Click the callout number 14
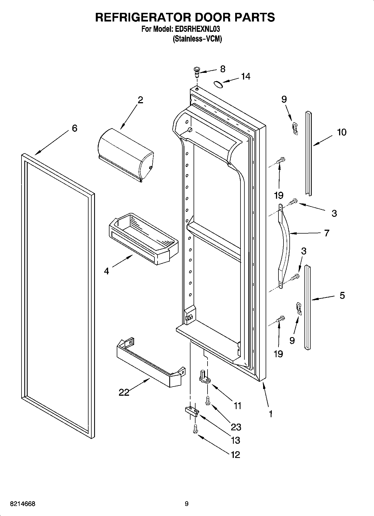pyautogui.click(x=246, y=76)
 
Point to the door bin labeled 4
pyautogui.click(x=142, y=239)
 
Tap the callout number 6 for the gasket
pyautogui.click(x=74, y=128)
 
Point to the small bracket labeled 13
pyautogui.click(x=192, y=411)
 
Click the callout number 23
pyautogui.click(x=236, y=427)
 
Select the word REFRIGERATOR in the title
pyautogui.click(x=143, y=17)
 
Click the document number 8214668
pyautogui.click(x=23, y=504)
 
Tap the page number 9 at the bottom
pyautogui.click(x=187, y=504)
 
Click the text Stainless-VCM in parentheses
pyautogui.click(x=197, y=39)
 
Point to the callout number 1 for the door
pyautogui.click(x=270, y=414)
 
